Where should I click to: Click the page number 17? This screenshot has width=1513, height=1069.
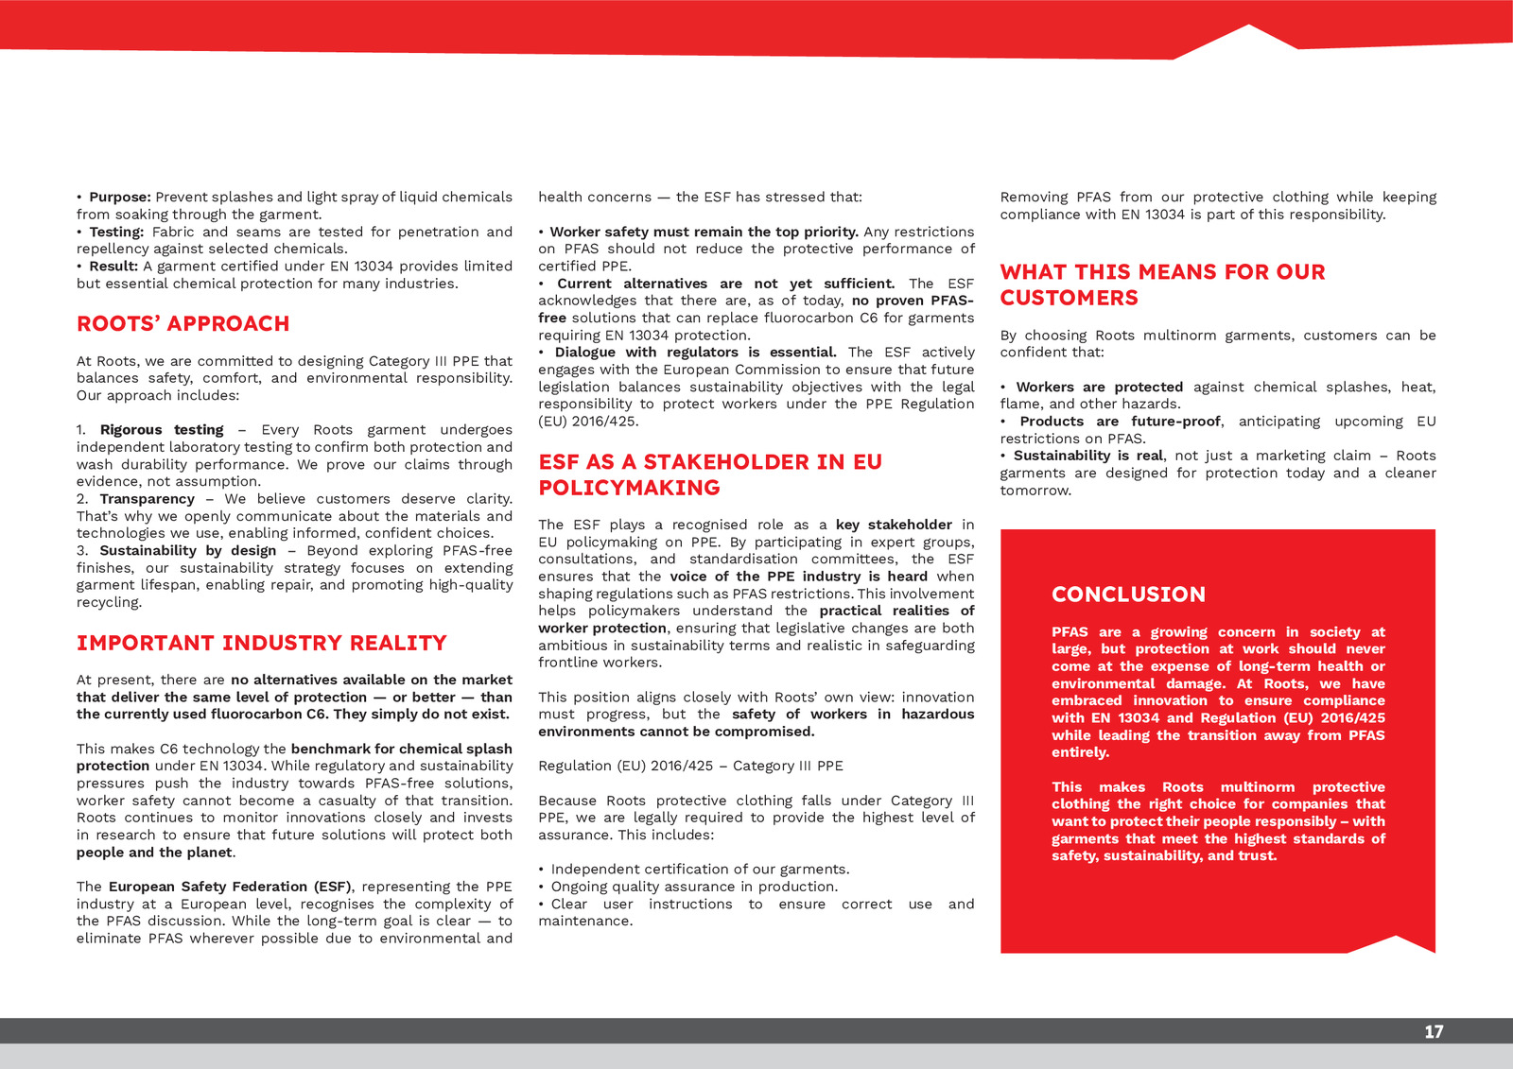click(1434, 1031)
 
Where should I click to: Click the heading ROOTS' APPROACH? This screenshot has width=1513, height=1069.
click(183, 324)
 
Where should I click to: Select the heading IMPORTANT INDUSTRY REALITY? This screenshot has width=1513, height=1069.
click(261, 644)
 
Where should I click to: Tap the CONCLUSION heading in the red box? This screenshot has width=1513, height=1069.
click(1128, 595)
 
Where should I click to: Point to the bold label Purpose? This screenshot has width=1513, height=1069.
click(120, 198)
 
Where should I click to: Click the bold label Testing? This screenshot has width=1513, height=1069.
click(116, 233)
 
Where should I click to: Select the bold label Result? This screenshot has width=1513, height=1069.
click(113, 267)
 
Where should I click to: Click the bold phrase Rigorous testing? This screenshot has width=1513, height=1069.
click(162, 430)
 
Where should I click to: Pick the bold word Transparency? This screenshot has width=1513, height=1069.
click(147, 499)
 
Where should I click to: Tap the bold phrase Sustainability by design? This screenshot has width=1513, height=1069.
click(188, 551)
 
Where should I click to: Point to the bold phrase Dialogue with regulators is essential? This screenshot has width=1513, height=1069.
click(695, 353)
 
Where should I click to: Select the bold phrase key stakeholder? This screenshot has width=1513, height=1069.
click(894, 525)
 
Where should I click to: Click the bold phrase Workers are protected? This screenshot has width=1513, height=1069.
click(1099, 388)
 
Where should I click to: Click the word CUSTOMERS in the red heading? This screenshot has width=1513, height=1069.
click(1069, 299)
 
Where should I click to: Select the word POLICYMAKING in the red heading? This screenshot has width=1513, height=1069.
click(629, 489)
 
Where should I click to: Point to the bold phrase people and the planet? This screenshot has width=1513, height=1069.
click(154, 853)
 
